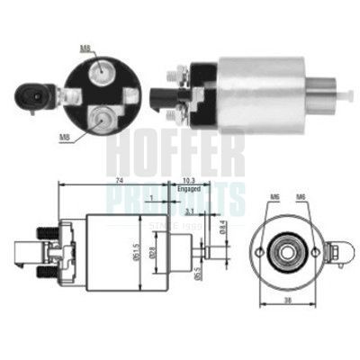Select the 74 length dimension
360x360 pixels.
pyautogui.click(x=119, y=180)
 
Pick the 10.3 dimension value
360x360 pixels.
pyautogui.click(x=188, y=180)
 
